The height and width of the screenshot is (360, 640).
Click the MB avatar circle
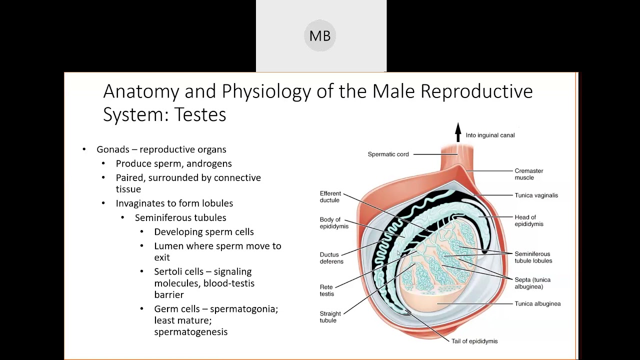click(x=320, y=35)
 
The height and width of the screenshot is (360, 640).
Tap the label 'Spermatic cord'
click(x=388, y=154)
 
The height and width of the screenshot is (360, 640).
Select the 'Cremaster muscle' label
click(x=528, y=174)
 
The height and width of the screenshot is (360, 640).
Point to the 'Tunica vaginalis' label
click(x=536, y=195)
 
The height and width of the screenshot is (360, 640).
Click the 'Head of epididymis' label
click(x=528, y=220)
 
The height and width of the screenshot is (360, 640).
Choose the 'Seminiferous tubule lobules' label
click(x=533, y=257)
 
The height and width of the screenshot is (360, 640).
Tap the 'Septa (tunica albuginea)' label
click(x=532, y=283)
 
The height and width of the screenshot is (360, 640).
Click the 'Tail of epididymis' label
click(x=474, y=341)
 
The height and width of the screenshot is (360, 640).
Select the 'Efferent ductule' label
click(x=330, y=197)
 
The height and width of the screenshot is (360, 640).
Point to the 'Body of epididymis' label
click(x=334, y=223)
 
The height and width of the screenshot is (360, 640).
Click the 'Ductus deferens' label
click(x=331, y=258)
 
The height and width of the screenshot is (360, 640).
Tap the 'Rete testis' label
click(x=326, y=290)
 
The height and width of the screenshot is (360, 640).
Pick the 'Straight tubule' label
click(x=330, y=317)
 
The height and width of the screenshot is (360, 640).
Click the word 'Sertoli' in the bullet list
click(x=169, y=271)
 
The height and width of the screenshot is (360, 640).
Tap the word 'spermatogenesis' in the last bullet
click(x=190, y=332)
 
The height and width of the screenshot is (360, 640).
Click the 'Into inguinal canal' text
click(x=490, y=135)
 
